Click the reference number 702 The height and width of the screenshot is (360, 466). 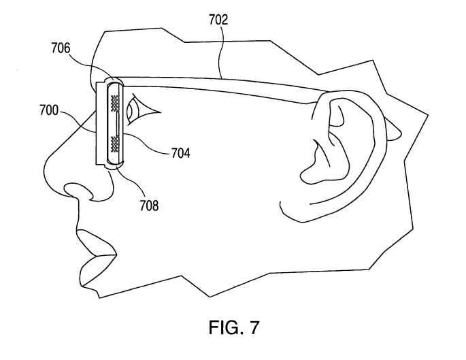point(218,20)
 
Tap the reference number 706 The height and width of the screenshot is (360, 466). point(61,48)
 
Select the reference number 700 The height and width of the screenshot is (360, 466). point(49,110)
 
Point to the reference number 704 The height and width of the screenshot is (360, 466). point(181,153)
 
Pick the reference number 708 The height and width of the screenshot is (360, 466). point(149,206)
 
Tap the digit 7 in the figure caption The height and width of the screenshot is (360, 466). point(254,327)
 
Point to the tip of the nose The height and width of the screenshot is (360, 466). point(45,169)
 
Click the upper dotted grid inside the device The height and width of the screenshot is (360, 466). point(114,103)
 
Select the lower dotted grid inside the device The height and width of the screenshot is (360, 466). point(114,144)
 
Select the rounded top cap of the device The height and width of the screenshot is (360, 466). point(114,80)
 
